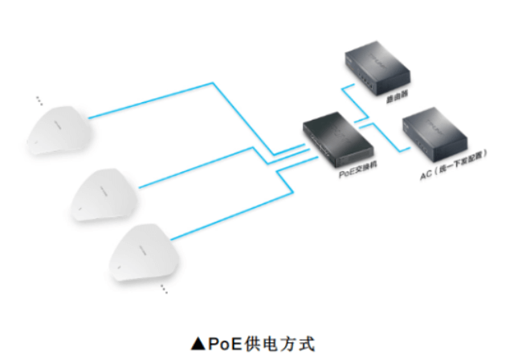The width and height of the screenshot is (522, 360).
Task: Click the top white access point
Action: point(56,129)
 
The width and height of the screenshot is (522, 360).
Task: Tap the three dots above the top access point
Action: point(37,100)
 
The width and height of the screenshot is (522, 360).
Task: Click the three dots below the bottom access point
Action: point(164,286)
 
